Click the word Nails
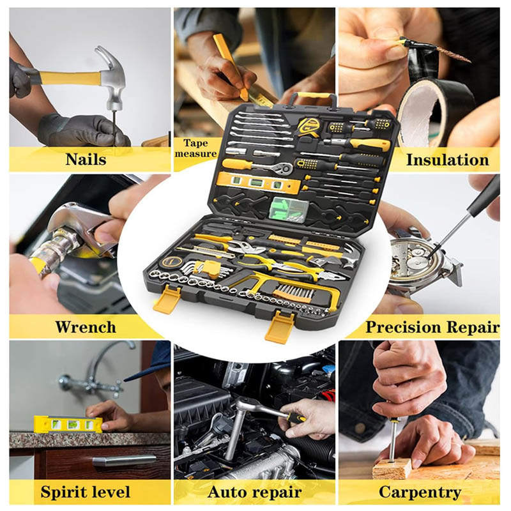(86, 159)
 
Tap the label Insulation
(448, 160)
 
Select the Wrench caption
(86, 327)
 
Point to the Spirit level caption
(86, 492)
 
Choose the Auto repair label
(254, 492)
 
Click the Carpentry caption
(420, 492)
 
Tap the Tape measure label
(195, 148)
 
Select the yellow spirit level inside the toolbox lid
(259, 183)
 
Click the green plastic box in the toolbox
(289, 210)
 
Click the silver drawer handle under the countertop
(124, 460)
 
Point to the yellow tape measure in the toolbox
(309, 126)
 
